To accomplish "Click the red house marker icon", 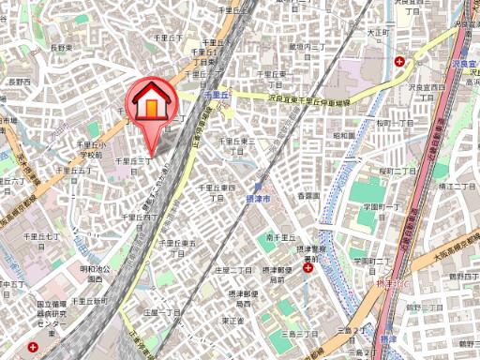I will (x=150, y=102).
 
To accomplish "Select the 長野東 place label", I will (x=61, y=46).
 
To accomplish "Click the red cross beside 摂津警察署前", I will (x=307, y=269).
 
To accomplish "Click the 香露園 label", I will (x=307, y=196).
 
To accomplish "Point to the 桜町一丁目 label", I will (x=397, y=122).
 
